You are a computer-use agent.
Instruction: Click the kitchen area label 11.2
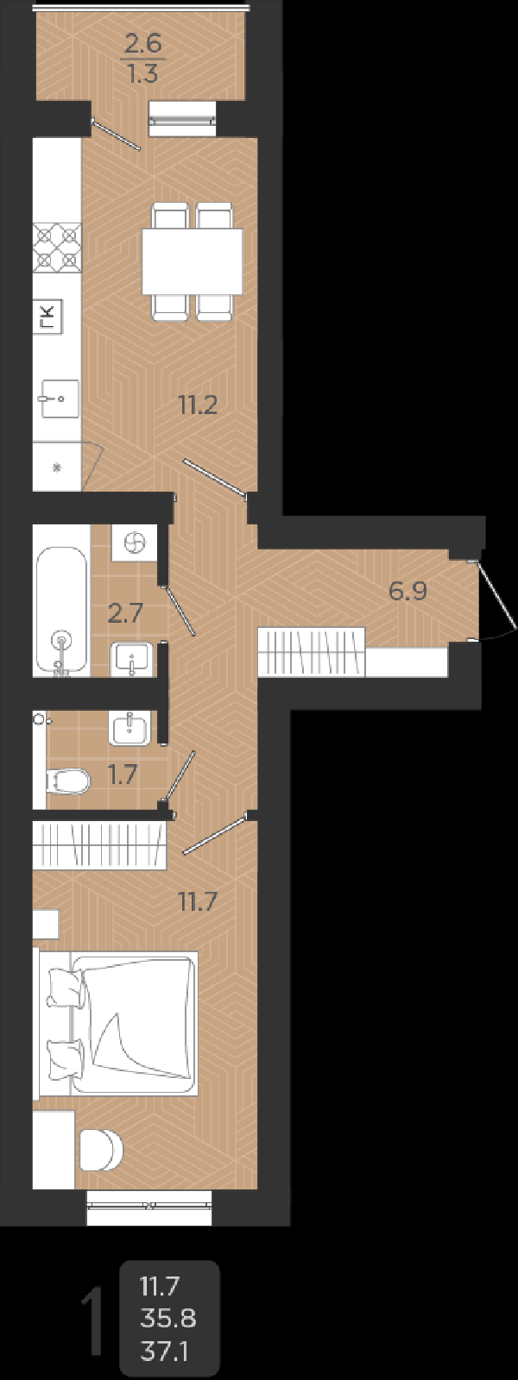click(197, 405)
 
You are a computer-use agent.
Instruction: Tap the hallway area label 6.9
click(408, 592)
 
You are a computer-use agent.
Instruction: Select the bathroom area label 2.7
click(124, 613)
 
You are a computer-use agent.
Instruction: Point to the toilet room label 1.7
click(123, 775)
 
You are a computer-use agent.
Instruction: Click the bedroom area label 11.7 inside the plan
click(197, 902)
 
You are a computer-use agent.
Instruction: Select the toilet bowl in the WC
click(68, 781)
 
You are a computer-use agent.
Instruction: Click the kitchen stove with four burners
click(57, 248)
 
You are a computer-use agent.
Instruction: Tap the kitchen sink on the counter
click(58, 399)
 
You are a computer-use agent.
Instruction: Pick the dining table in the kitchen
click(192, 261)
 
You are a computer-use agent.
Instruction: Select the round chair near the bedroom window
click(101, 1149)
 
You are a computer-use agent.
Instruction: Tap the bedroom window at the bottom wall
click(149, 1207)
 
